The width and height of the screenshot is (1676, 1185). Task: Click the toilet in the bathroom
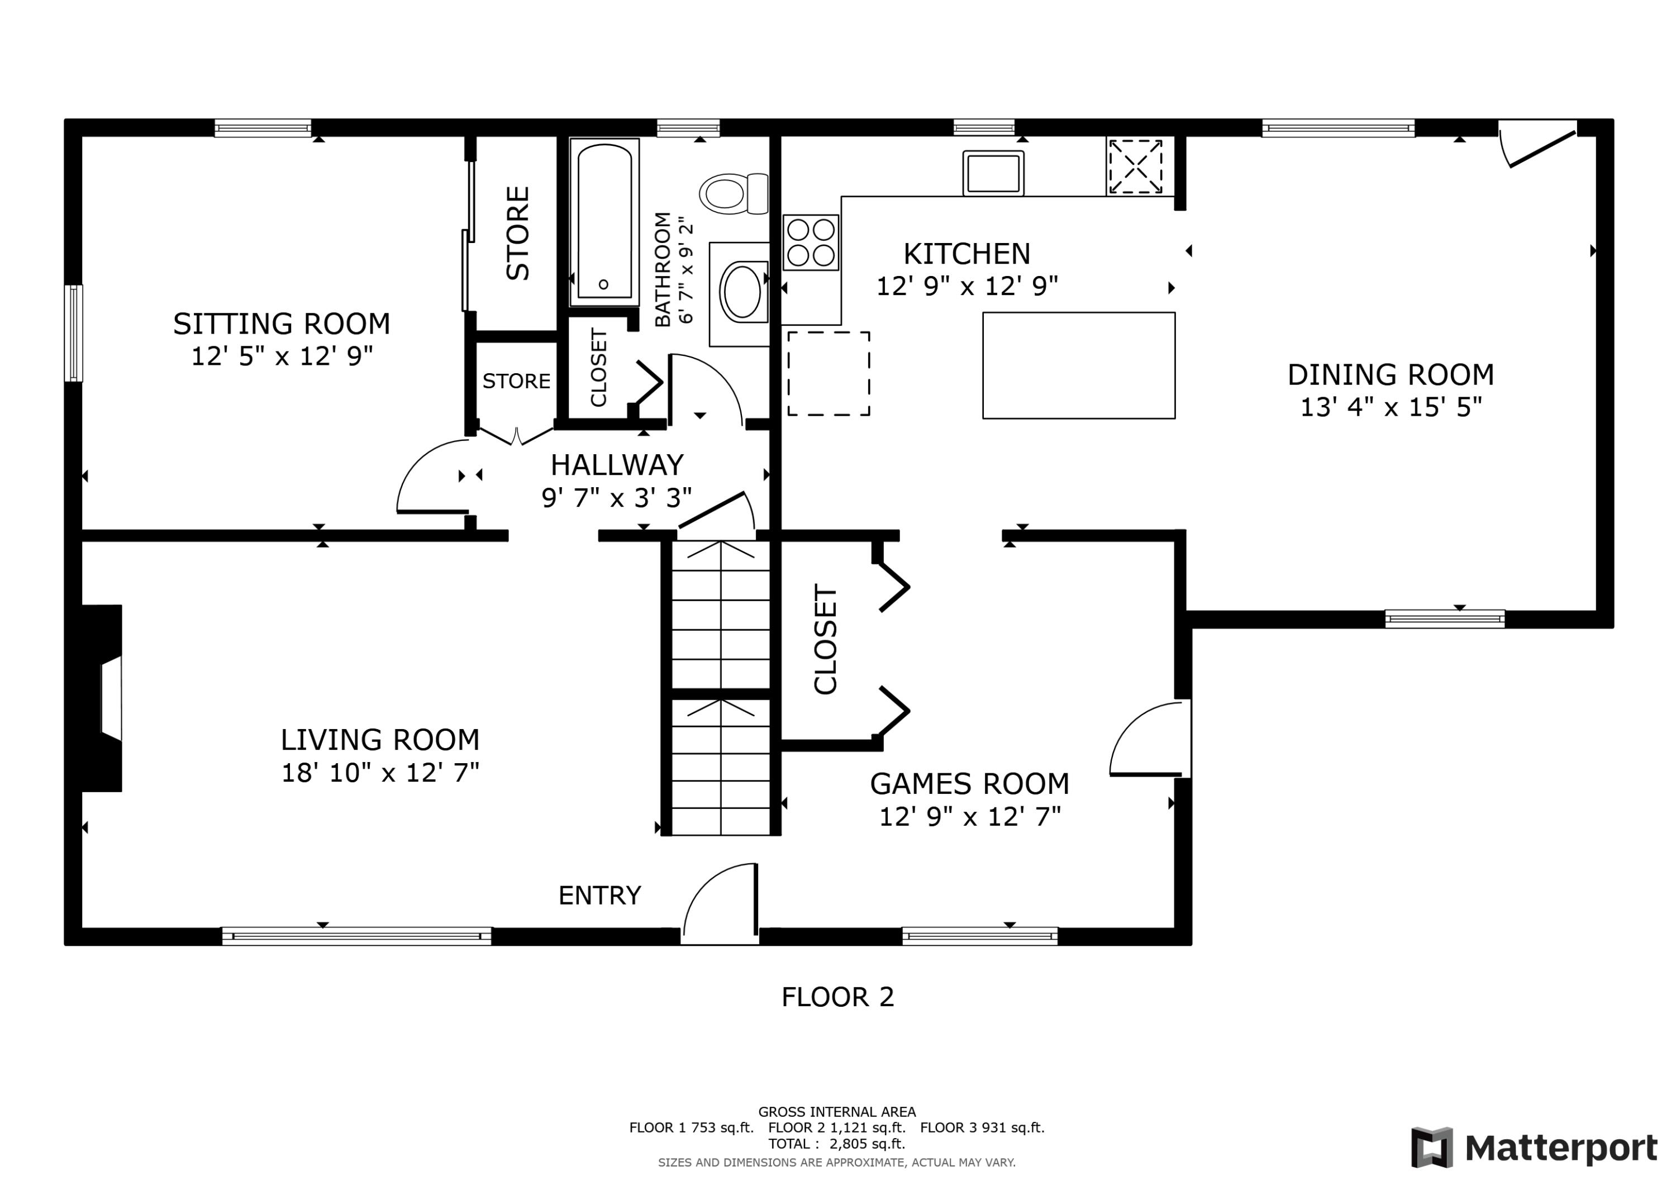pos(732,193)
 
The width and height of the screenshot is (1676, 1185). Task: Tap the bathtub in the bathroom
pos(604,221)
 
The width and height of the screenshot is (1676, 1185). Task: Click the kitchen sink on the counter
pos(993,174)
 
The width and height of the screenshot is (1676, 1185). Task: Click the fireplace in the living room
pos(102,698)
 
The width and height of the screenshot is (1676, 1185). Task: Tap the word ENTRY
pos(599,895)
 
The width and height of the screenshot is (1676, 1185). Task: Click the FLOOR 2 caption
pos(837,997)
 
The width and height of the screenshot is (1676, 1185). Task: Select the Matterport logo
pos(1533,1148)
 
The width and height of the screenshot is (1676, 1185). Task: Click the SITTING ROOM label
pos(281,323)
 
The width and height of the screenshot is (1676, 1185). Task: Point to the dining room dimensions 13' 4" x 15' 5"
pos(1391,407)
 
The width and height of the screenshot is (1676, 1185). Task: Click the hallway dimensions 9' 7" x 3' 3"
pos(616,498)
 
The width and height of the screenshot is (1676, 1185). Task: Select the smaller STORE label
pos(516,381)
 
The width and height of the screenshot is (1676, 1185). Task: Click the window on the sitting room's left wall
pos(73,333)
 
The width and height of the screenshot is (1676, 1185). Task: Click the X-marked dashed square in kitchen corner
pos(1135,166)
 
